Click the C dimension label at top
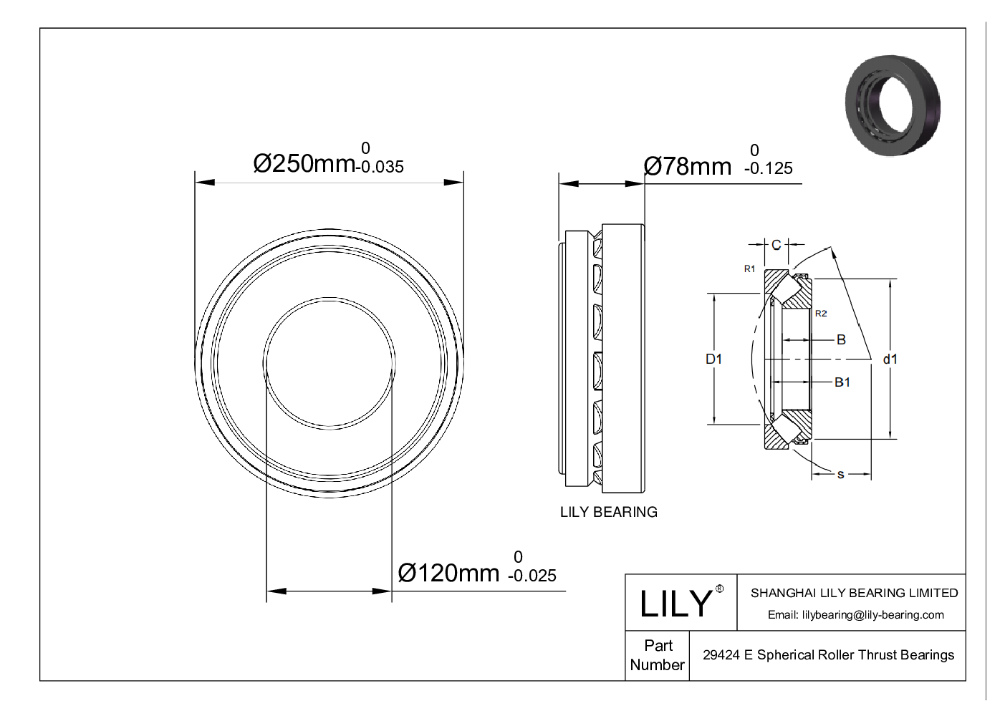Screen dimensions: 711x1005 [x=776, y=245]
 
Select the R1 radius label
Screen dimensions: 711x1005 [x=749, y=269]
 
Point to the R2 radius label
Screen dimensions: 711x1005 [x=821, y=313]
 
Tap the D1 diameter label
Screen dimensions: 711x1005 [x=714, y=359]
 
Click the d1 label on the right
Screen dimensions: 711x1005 [x=890, y=359]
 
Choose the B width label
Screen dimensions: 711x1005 [x=841, y=339]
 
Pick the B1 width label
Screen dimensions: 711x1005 [x=842, y=382]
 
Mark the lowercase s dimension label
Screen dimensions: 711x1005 [x=840, y=474]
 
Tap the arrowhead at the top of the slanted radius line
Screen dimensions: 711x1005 [x=832, y=251]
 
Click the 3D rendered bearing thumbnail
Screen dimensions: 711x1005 [x=893, y=105]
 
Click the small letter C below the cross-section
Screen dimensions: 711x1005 [x=719, y=589]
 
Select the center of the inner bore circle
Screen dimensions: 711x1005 [x=330, y=363]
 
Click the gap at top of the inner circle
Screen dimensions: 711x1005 [x=329, y=299]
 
